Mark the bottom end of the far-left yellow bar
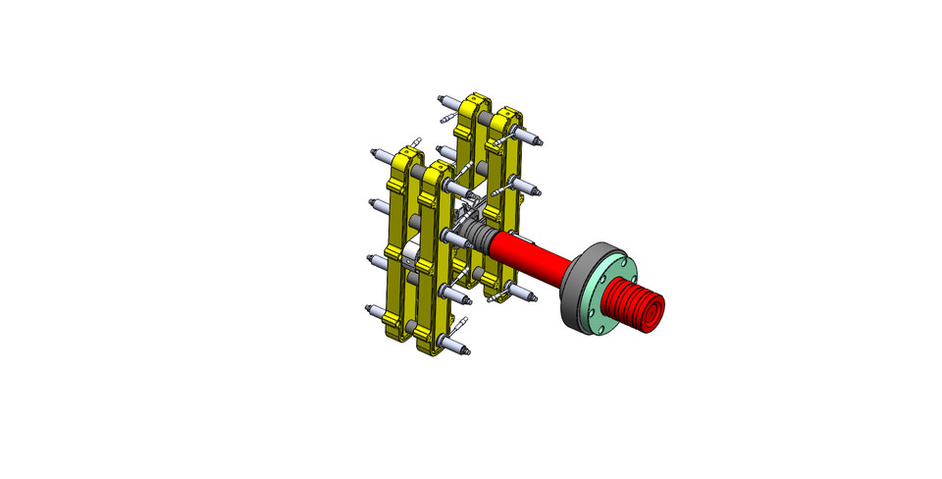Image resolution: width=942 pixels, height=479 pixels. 397,325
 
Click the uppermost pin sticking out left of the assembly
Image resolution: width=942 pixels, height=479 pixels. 379,155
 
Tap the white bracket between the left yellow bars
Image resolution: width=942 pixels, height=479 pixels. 410,257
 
